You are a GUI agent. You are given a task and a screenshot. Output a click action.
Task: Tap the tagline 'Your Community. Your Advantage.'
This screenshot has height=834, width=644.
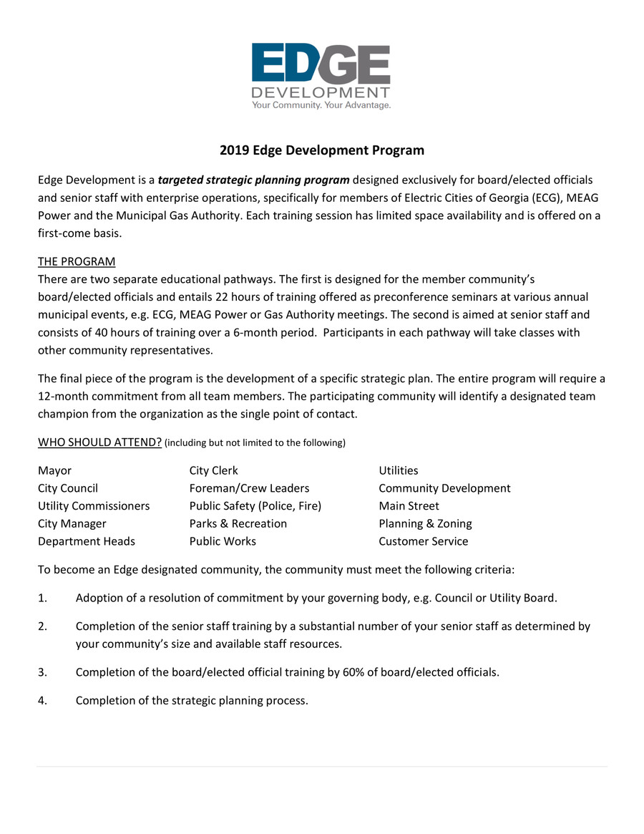tap(321, 105)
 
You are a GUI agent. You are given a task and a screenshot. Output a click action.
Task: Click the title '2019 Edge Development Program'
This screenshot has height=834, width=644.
tap(321, 150)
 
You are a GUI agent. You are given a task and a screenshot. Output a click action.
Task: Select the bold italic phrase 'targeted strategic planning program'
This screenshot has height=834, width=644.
tap(253, 180)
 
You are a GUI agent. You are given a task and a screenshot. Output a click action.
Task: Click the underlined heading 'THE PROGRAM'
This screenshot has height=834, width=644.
tap(77, 261)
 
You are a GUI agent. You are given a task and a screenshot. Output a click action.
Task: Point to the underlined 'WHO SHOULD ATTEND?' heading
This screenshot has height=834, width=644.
tap(99, 442)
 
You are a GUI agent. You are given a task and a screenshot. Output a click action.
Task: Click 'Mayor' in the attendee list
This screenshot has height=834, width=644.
tap(54, 470)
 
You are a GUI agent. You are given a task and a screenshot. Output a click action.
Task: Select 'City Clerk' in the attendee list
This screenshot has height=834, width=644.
tap(213, 470)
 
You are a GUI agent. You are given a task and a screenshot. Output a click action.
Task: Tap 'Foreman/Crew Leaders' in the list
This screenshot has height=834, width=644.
tap(249, 488)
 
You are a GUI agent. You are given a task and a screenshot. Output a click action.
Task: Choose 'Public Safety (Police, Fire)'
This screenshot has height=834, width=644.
tap(255, 506)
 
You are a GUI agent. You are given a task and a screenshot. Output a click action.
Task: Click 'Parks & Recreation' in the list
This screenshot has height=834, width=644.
tap(238, 524)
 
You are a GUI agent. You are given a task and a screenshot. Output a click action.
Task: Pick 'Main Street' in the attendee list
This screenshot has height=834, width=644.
tap(409, 506)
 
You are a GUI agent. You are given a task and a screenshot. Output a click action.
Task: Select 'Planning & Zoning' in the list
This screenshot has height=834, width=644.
tap(425, 524)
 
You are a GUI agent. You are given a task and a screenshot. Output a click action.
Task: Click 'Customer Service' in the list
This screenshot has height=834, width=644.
tap(423, 541)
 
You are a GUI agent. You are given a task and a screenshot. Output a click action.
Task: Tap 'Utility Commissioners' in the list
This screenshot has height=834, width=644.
tap(94, 506)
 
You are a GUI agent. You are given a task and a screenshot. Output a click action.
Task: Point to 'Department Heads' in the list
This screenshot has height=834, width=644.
tap(86, 541)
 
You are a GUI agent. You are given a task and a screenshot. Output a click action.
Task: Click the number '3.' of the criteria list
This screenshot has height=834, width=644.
tap(42, 673)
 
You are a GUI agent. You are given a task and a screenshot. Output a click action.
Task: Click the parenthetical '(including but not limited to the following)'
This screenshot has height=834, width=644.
tap(255, 443)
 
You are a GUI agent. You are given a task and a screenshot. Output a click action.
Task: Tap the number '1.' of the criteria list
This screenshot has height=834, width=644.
tap(42, 598)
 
